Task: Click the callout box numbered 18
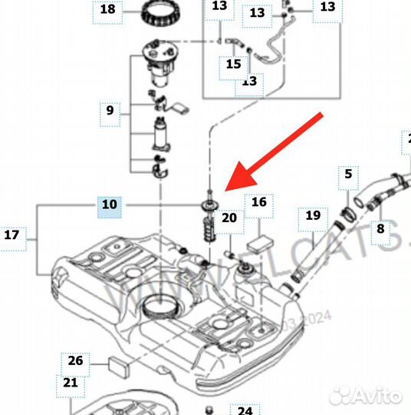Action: (107, 10)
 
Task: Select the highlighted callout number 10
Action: (110, 204)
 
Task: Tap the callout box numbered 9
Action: (110, 111)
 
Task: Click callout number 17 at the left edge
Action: (12, 234)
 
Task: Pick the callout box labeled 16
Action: (259, 202)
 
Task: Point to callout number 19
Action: (312, 216)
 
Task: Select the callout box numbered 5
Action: (347, 174)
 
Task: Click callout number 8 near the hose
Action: (380, 228)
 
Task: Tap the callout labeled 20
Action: (229, 217)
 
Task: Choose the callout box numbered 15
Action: (233, 65)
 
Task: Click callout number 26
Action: (76, 360)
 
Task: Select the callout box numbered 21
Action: (71, 382)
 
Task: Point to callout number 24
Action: (243, 410)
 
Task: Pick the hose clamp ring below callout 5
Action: (347, 209)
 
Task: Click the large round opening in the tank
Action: (164, 307)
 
